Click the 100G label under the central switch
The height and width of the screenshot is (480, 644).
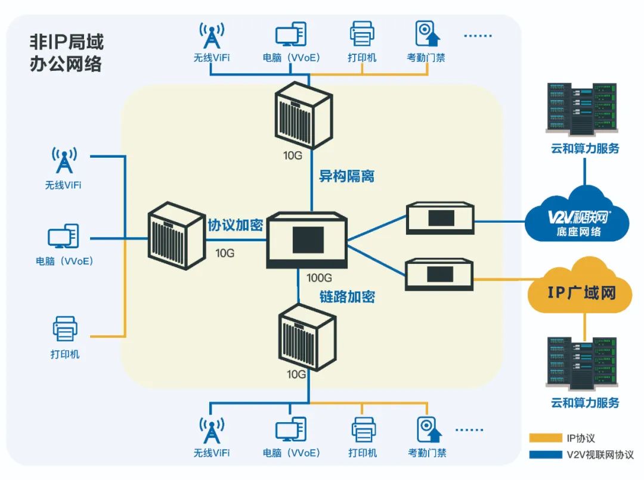pyautogui.click(x=319, y=278)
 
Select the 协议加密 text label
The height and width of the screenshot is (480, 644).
pyautogui.click(x=235, y=225)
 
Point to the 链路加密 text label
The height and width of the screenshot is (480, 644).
pyautogui.click(x=347, y=296)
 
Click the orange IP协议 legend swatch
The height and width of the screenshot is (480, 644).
pyautogui.click(x=545, y=438)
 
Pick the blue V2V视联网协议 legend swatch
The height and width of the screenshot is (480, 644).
pyautogui.click(x=545, y=454)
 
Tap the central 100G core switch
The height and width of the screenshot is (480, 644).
pyautogui.click(x=307, y=240)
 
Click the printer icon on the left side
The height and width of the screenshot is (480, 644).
pyautogui.click(x=65, y=328)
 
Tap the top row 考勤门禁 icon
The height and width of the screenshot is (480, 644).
pyautogui.click(x=427, y=34)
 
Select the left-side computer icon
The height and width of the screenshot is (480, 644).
pyautogui.click(x=63, y=236)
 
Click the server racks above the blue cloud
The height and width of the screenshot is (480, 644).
pyautogui.click(x=581, y=108)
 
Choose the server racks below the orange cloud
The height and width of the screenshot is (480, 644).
pyautogui.click(x=581, y=363)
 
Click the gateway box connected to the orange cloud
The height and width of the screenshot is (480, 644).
pyautogui.click(x=439, y=275)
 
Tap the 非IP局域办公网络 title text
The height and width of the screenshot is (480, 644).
pyautogui.click(x=66, y=53)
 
